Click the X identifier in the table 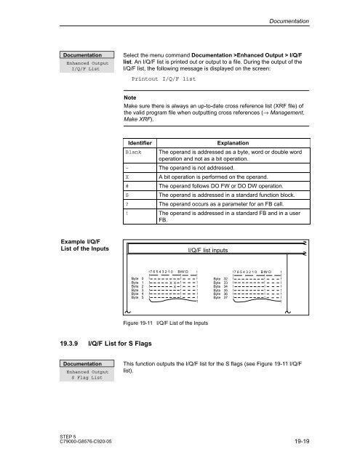[x=127, y=177]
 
